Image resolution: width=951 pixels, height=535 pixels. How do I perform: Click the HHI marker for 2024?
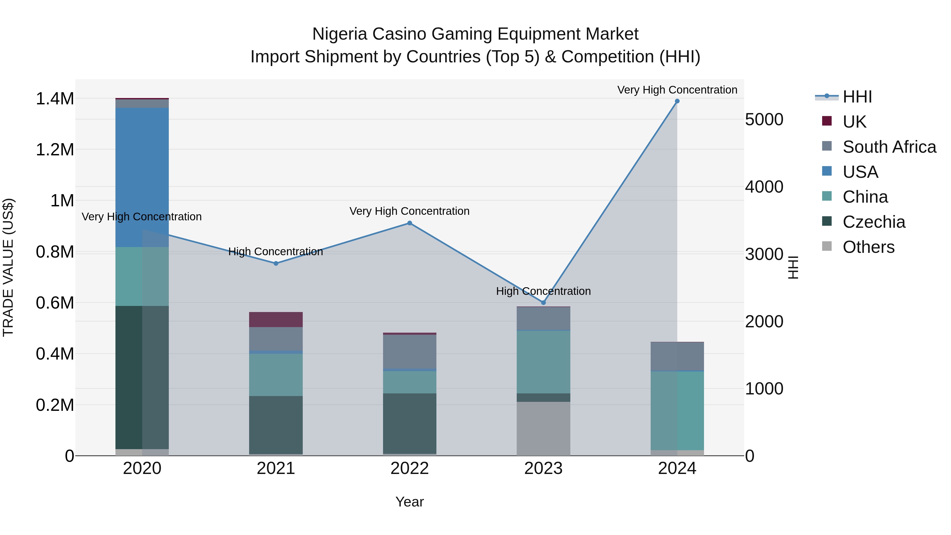point(677,101)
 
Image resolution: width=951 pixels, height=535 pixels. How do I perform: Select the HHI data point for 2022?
point(409,223)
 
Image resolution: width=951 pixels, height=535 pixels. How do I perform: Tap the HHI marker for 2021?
point(276,263)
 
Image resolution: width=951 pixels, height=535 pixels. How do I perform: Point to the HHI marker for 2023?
point(543,303)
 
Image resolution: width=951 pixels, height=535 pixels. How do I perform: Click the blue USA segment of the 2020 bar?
point(142,177)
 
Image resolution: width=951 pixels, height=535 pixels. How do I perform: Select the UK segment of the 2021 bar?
point(276,319)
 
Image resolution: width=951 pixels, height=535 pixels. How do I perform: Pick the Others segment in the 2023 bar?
point(543,428)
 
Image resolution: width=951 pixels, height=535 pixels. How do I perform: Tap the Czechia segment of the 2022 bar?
point(409,424)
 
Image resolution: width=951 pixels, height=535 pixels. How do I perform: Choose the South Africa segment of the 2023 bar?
point(543,318)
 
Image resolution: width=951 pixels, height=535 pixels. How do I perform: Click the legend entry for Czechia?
point(874,222)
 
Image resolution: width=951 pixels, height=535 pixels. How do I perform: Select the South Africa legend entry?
point(889,147)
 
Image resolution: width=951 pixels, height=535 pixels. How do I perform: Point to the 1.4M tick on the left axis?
point(55,99)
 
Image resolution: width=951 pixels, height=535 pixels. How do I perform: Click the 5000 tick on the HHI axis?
point(764,120)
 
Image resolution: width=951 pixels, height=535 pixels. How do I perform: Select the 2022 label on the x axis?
point(409,468)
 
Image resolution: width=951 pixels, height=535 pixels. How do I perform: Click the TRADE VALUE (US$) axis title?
point(8,267)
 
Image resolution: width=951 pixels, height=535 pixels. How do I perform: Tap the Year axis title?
point(409,502)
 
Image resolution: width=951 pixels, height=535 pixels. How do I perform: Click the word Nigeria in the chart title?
point(340,34)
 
